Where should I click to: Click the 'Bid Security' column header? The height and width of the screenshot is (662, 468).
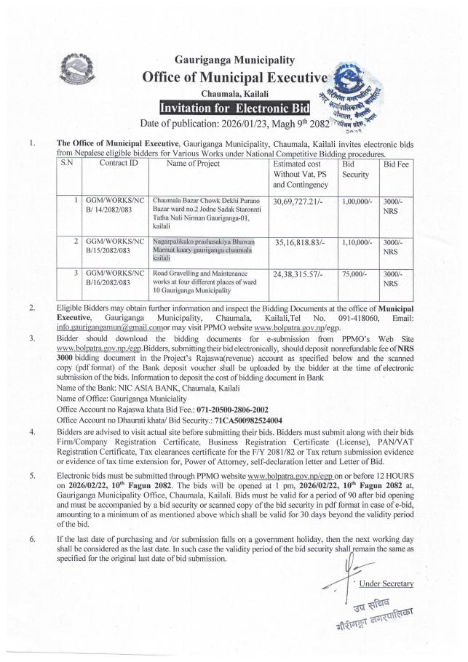coord(354,170)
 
